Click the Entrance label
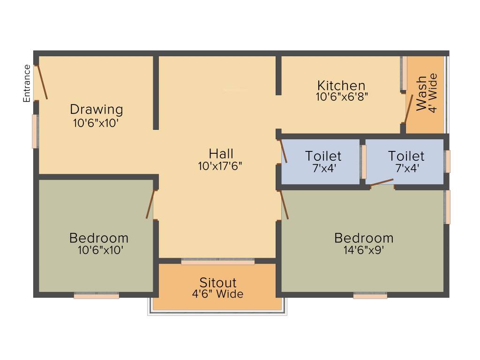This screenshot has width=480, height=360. [x=27, y=83]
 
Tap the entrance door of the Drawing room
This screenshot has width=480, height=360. [x=42, y=81]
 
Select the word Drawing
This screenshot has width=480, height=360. [x=97, y=110]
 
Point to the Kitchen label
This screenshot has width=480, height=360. [x=341, y=86]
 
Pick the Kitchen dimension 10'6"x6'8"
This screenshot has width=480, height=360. [x=342, y=97]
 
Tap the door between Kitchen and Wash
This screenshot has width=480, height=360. [x=409, y=109]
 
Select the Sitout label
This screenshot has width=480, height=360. [x=218, y=283]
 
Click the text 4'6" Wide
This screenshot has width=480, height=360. [x=218, y=294]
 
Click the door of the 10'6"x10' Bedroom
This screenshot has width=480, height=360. [x=150, y=204]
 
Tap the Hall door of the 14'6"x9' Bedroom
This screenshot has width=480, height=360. [x=284, y=205]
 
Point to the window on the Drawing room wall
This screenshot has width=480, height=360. [x=35, y=132]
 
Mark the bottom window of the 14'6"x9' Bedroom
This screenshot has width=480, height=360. [x=370, y=296]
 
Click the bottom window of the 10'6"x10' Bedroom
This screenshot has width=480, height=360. [x=96, y=296]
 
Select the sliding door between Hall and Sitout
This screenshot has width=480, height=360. [x=218, y=262]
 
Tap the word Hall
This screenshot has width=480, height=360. [x=221, y=154]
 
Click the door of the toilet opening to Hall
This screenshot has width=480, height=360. [x=283, y=151]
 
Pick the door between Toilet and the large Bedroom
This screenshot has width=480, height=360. [x=382, y=182]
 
